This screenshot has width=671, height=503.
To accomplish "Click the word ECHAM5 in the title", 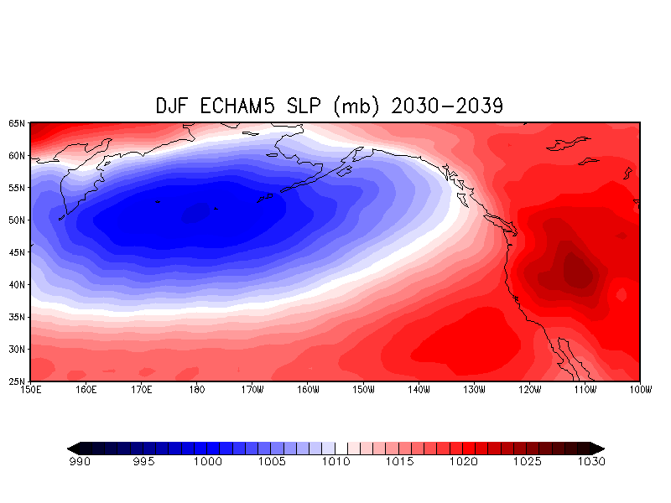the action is coord(237,106).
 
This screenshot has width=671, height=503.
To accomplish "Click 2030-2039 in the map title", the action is coord(447,106).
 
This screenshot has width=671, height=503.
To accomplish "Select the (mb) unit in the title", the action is coord(356,106).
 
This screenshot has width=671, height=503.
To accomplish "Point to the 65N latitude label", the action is coord(17,123).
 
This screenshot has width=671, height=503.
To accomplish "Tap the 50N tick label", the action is coord(17,220).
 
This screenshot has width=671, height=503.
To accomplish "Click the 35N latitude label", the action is coord(17,317).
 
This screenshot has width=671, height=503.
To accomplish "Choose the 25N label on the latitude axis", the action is coord(17,381).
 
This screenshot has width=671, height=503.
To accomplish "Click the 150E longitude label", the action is coord(31,390).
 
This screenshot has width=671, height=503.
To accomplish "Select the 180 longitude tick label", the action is coord(197,390).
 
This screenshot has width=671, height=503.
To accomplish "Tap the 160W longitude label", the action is coord(308,390).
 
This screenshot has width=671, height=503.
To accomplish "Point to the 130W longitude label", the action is coord(474,390).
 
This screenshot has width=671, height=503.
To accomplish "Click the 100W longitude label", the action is coord(641,390).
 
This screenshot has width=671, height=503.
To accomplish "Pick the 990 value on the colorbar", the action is coord(80,462).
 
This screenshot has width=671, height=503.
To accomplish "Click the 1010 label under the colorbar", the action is coord(336,462).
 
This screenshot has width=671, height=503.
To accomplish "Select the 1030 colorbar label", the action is coord(591,462).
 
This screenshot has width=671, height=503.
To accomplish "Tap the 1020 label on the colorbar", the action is coord(464,462).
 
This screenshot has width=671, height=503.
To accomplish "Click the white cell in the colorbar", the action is coord(341,449).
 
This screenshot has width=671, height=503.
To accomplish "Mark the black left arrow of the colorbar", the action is coord(73,449).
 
